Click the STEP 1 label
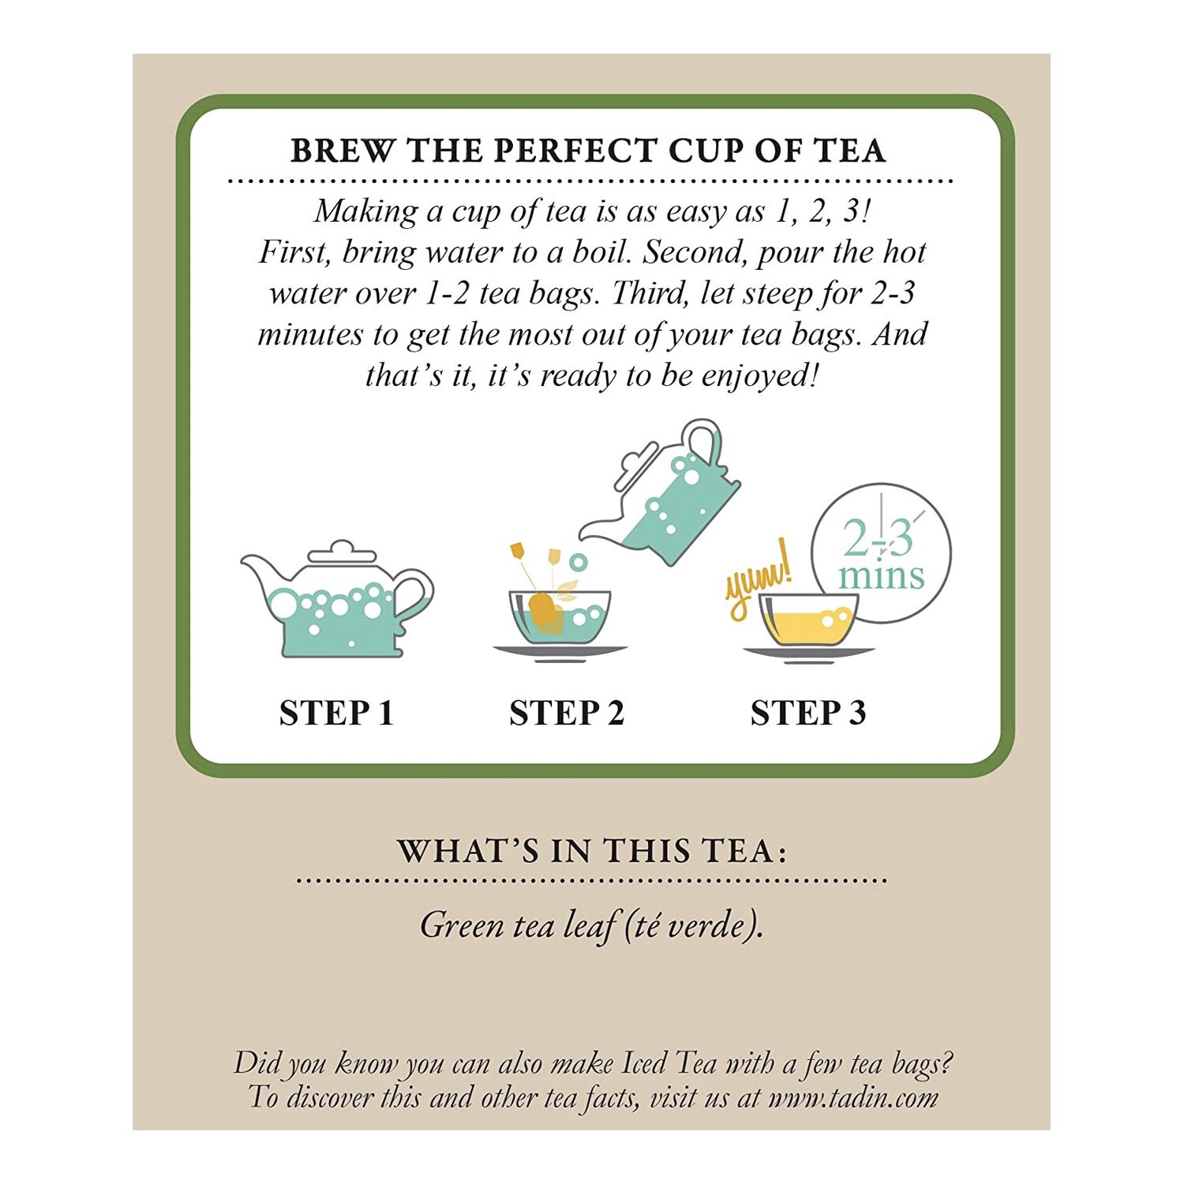click(336, 713)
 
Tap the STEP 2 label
click(566, 713)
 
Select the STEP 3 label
click(807, 713)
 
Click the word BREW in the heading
click(341, 151)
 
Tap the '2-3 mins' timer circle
click(881, 553)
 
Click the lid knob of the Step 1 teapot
click(341, 546)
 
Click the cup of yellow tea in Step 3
click(807, 620)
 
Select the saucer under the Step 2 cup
click(560, 652)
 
